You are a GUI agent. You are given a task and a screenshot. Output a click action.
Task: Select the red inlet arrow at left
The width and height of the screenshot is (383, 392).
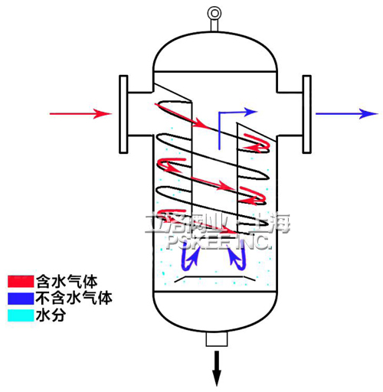80,114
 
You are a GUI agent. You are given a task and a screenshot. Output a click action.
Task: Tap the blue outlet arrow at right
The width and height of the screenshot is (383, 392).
345,114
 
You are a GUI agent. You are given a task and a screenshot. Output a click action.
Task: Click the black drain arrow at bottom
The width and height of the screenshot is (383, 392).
218,368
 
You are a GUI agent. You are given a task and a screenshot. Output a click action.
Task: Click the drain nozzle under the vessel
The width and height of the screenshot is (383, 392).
218,341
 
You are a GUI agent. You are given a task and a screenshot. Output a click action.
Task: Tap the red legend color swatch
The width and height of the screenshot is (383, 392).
18,281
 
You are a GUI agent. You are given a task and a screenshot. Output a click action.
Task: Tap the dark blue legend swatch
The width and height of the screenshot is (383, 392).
18,298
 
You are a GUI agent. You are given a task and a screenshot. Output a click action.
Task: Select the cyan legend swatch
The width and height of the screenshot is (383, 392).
18,315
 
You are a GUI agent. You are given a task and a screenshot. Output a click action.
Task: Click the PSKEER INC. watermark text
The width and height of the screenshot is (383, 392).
218,241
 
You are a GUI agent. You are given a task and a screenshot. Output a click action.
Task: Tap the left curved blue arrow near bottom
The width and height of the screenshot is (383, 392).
188,260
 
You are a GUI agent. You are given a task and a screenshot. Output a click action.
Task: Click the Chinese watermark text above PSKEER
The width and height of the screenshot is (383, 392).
218,224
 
